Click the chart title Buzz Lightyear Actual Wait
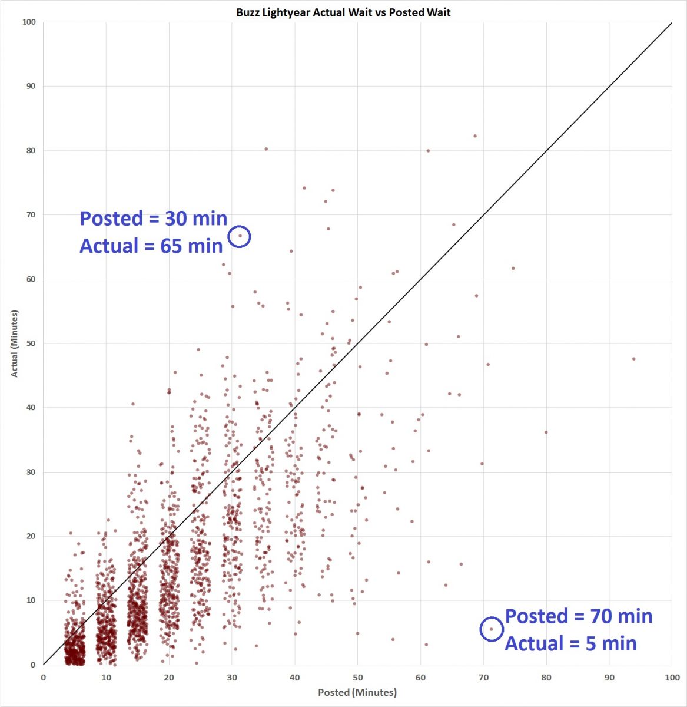click(x=343, y=12)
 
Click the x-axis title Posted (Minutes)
click(x=357, y=692)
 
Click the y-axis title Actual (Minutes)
click(x=15, y=343)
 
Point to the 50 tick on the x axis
click(x=357, y=678)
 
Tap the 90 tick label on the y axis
click(x=29, y=86)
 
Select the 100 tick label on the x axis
click(x=672, y=678)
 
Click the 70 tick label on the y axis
click(x=29, y=214)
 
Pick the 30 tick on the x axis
click(x=232, y=678)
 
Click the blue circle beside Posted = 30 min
click(x=240, y=236)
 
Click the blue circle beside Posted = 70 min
click(x=492, y=629)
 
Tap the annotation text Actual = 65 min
click(x=151, y=245)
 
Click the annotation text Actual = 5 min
click(x=570, y=643)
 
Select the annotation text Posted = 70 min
click(x=579, y=616)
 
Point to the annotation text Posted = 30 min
click(x=154, y=218)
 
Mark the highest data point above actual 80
click(x=475, y=136)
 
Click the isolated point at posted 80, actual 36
click(x=546, y=432)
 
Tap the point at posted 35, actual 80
click(x=266, y=149)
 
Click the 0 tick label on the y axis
click(x=33, y=665)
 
